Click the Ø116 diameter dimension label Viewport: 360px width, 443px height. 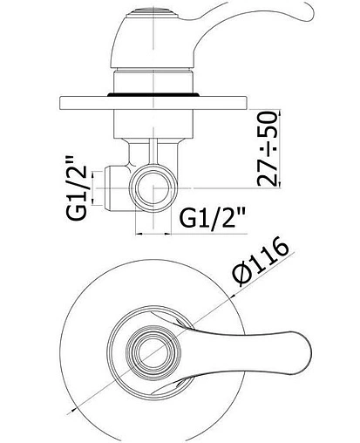261,262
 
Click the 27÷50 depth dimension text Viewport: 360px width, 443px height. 267,148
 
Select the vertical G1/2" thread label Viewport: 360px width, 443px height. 77,188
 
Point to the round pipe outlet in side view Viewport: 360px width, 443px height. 153,188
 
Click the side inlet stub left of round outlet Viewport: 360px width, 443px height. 116,188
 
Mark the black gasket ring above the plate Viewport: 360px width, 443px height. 153,94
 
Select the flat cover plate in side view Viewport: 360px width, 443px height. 153,103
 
